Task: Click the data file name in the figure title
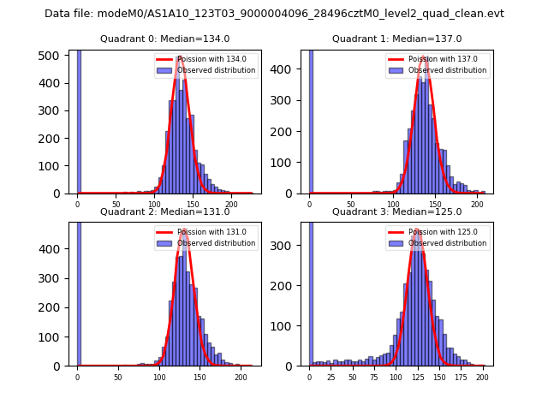tap(274, 14)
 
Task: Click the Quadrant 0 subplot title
tap(165, 39)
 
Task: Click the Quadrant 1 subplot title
tap(396, 39)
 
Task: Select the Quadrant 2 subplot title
tap(165, 211)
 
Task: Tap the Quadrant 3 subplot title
tap(396, 211)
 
